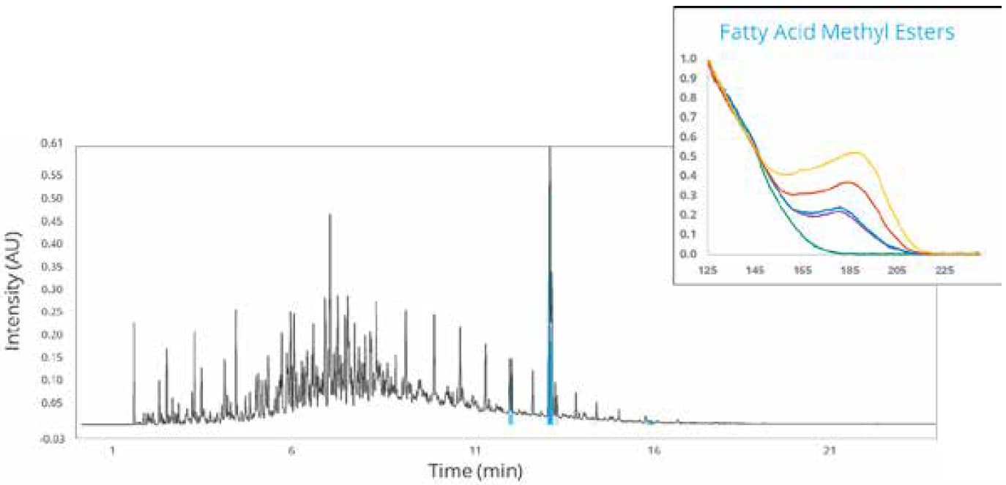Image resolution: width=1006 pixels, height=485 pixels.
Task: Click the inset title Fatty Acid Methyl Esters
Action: pyautogui.click(x=836, y=34)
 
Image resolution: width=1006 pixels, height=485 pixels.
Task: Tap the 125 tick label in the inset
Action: pyautogui.click(x=708, y=270)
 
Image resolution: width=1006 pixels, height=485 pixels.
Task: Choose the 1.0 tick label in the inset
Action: pyautogui.click(x=688, y=58)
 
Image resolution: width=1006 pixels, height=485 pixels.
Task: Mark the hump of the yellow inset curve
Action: pyautogui.click(x=855, y=152)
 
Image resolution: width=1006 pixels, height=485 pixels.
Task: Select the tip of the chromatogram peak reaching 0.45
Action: pyautogui.click(x=329, y=215)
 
